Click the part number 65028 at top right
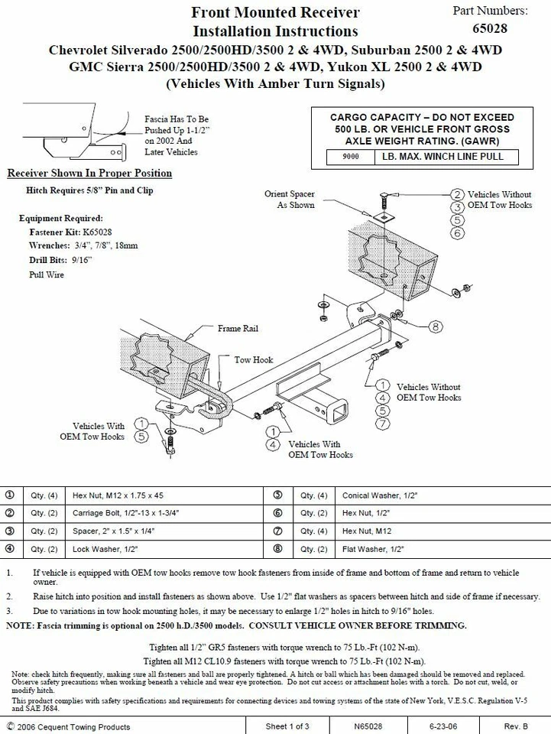tap(490, 29)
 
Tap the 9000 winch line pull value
tap(351, 158)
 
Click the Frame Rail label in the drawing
tap(238, 329)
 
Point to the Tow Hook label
tap(253, 359)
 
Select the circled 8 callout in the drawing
tap(435, 326)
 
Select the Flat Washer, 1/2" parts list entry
tap(373, 549)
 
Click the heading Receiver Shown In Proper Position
tap(89, 174)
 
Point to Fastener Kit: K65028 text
tap(75, 232)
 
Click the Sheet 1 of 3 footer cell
tap(288, 726)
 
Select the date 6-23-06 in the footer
tap(444, 726)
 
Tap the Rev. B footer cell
tap(515, 726)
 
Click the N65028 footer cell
tap(368, 726)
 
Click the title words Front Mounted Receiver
tap(275, 12)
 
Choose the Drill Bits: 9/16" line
tap(60, 260)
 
